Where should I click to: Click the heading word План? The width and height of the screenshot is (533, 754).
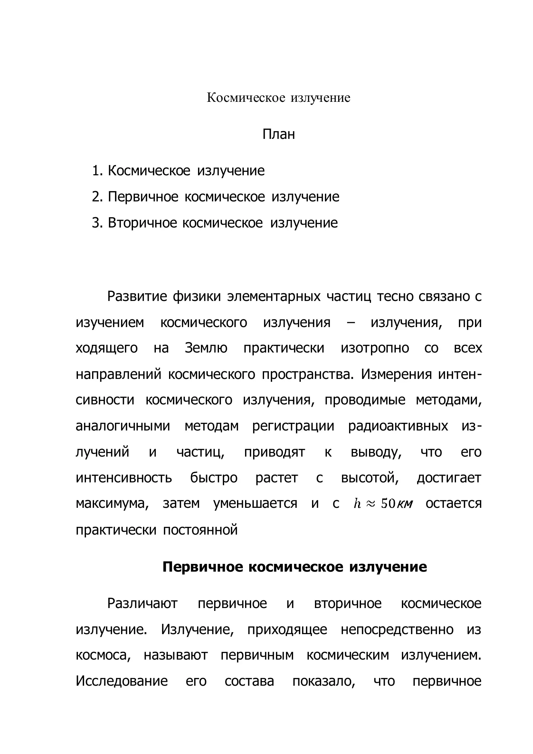tap(279, 134)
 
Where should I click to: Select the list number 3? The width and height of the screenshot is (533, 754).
tap(97, 223)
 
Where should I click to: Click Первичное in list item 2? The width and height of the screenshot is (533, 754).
tap(143, 197)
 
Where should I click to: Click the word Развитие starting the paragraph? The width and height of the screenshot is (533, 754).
tap(137, 296)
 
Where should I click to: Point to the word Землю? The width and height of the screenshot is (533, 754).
tap(206, 348)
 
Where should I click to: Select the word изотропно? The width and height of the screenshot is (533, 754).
tap(375, 348)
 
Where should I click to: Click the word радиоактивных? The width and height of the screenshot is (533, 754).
tap(398, 426)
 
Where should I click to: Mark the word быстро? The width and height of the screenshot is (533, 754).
tap(214, 478)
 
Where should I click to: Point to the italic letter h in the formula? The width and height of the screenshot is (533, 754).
tap(357, 504)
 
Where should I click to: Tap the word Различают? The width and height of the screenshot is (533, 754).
tap(142, 604)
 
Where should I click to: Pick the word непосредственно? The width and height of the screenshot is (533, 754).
tap(397, 630)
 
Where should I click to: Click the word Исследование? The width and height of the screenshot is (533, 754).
tap(122, 681)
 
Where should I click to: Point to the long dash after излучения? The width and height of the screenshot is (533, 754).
tap(350, 323)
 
